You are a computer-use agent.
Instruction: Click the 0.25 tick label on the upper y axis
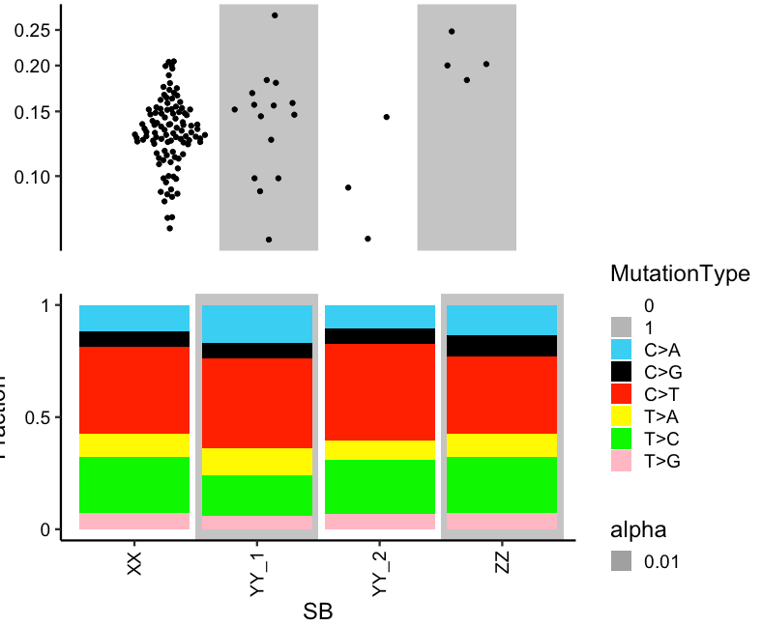pos(34,30)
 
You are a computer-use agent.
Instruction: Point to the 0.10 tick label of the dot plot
pos(34,176)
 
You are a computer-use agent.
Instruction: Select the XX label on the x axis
pos(134,565)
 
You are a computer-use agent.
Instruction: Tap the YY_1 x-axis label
pos(257,575)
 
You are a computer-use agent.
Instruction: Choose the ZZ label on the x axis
pos(502,565)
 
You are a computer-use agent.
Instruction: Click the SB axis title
pos(318,612)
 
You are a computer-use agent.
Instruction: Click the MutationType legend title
pos(680,274)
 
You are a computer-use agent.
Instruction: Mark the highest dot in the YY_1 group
pos(275,15)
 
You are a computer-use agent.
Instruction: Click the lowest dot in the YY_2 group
pos(368,239)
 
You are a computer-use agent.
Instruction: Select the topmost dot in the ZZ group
pos(452,31)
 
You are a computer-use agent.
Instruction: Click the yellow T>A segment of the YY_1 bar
pos(257,462)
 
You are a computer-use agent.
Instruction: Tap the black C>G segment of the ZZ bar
pos(502,346)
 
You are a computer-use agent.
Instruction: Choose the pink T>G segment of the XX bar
pos(134,521)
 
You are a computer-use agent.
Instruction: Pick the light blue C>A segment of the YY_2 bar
pos(379,317)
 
